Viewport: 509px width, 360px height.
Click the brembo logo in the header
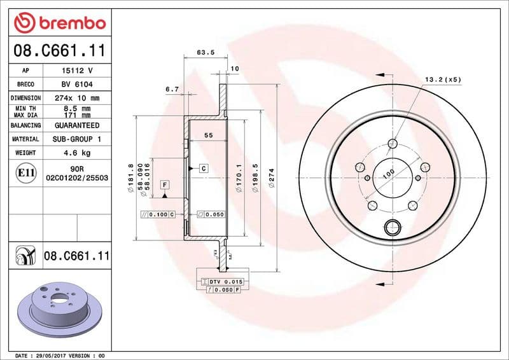coord(59,23)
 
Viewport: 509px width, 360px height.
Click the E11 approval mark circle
coord(25,172)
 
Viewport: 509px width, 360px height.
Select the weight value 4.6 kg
coord(77,153)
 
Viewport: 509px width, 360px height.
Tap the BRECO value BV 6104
coord(77,85)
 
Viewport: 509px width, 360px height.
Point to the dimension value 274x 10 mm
coord(77,99)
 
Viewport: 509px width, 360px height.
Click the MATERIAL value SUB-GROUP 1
coord(77,139)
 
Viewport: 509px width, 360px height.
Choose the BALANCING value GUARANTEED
coord(77,126)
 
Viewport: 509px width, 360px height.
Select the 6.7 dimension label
coord(171,90)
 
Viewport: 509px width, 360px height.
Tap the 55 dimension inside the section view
coord(208,135)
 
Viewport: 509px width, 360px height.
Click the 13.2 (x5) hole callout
coord(443,80)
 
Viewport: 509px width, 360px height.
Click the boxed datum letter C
coord(204,169)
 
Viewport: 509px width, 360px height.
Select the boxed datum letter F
coord(165,185)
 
